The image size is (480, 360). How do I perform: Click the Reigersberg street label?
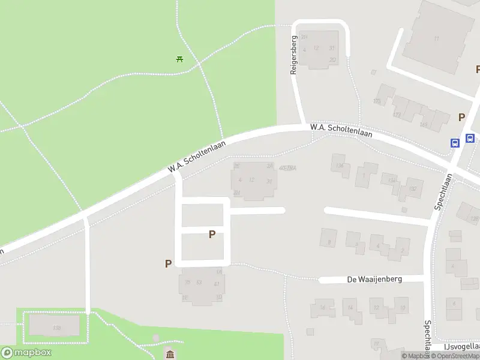pyautogui.click(x=294, y=55)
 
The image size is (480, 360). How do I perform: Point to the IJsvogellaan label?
pyautogui.click(x=461, y=347)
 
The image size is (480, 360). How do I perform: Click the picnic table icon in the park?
pyautogui.click(x=179, y=59)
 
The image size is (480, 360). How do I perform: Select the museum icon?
pyautogui.click(x=170, y=353)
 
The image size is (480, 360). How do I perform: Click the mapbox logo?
pyautogui.click(x=26, y=353)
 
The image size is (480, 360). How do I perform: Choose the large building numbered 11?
pyautogui.click(x=436, y=38)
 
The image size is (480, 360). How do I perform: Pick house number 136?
pyautogui.click(x=341, y=165)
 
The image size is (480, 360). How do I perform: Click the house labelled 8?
pyautogui.click(x=329, y=242)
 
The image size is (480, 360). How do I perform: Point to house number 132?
pyautogui.click(x=413, y=188)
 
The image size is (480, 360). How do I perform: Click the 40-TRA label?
pyautogui.click(x=288, y=167)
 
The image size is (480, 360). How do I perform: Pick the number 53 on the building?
pyautogui.click(x=199, y=283)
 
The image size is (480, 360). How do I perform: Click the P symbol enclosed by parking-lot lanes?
pyautogui.click(x=212, y=235)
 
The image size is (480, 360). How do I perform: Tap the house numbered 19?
pyautogui.click(x=376, y=343)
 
